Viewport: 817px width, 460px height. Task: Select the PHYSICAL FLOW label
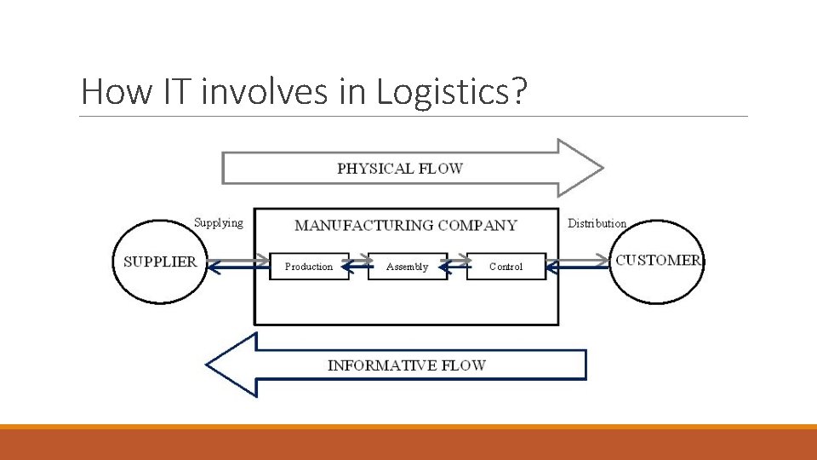(399, 168)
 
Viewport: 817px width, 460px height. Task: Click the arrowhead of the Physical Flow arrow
(580, 168)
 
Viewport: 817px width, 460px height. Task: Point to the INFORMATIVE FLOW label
(407, 365)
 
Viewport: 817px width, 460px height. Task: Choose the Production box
(309, 267)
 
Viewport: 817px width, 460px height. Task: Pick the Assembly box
(407, 267)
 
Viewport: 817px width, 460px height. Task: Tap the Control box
(506, 267)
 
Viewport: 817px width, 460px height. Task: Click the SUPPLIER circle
(160, 262)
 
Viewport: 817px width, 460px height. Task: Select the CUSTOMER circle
(657, 261)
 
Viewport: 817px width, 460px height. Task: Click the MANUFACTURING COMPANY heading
(405, 226)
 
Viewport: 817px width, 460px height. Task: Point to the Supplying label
(218, 223)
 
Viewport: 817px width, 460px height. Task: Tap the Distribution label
(597, 223)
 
